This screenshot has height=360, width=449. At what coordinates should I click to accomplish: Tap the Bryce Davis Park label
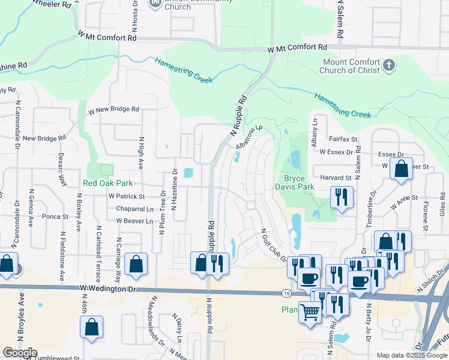coord(298,183)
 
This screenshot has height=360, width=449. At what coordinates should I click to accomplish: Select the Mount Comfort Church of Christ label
coord(351,66)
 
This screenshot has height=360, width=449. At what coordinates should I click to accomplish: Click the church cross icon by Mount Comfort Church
coord(389,65)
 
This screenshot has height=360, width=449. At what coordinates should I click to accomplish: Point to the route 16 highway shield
coord(286,293)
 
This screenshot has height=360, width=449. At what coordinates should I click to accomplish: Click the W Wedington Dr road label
coord(109,289)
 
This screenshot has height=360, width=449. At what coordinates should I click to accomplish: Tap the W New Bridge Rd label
coord(113,110)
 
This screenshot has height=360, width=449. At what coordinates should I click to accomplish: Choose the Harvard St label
coord(336,178)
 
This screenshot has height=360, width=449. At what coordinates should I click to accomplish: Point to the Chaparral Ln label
coord(134,209)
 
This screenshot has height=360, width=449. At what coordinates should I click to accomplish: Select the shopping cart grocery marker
coord(310,312)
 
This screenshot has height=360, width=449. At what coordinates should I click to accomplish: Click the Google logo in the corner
coord(20,353)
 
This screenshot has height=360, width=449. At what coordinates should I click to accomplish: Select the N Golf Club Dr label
coord(272,245)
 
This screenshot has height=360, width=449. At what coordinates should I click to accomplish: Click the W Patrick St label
coord(127,196)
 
